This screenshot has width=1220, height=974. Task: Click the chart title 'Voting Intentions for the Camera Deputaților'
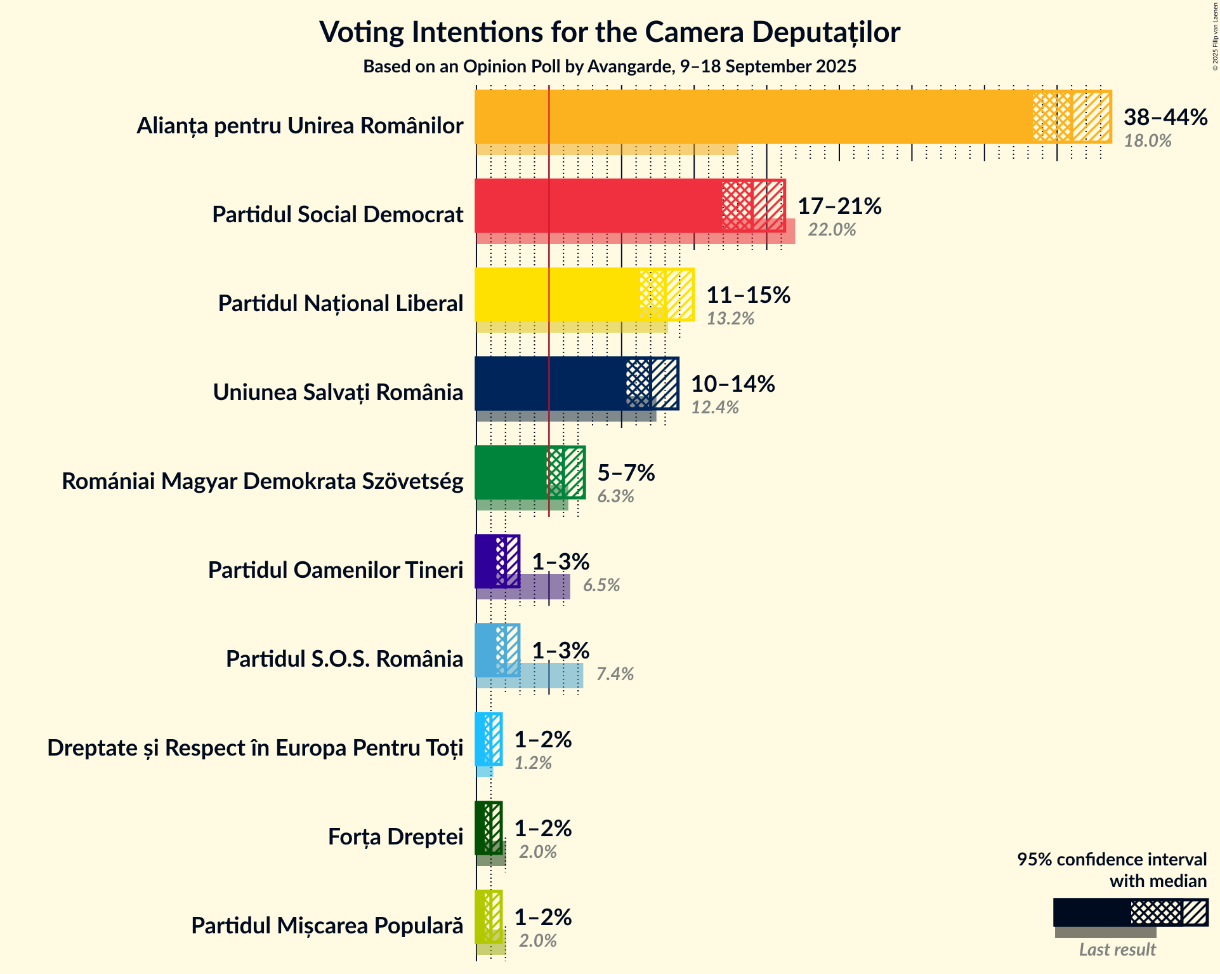[610, 32]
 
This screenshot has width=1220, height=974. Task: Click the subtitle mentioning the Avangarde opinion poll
[610, 67]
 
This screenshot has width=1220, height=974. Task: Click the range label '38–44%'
[1165, 117]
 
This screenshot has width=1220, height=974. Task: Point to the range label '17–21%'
[839, 206]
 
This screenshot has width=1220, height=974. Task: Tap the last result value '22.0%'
[832, 230]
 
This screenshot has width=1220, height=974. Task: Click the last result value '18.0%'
[1148, 141]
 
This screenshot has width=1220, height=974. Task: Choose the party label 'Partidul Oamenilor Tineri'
[336, 570]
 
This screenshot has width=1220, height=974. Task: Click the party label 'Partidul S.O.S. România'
[344, 659]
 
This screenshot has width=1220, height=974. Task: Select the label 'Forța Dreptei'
[395, 837]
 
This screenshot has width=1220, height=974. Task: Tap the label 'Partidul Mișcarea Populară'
[327, 926]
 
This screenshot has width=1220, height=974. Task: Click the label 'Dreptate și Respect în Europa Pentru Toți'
[255, 748]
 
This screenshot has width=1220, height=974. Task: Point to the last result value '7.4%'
[615, 674]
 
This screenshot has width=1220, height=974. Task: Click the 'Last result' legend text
[1117, 950]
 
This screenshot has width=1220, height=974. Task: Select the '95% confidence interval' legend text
[1112, 860]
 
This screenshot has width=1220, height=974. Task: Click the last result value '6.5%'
[601, 585]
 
